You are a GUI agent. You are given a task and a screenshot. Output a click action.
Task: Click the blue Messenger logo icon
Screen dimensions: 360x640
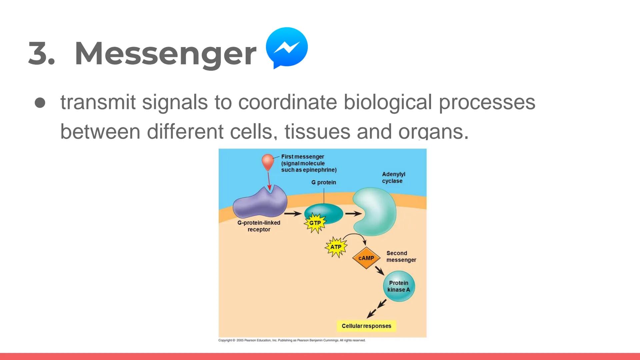click(x=287, y=47)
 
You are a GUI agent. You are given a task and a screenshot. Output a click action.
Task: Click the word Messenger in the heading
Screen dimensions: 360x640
click(x=165, y=53)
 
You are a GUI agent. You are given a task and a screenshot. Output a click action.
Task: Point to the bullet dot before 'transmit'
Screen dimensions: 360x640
click(x=40, y=103)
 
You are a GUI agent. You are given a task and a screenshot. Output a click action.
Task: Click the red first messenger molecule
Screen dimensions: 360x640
click(x=268, y=162)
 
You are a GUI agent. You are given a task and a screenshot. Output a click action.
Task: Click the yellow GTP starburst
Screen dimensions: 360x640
click(x=315, y=223)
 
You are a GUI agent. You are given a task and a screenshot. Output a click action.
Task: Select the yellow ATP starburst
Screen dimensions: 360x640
click(x=336, y=247)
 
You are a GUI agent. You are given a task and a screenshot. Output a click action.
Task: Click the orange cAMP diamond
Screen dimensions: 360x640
click(x=366, y=258)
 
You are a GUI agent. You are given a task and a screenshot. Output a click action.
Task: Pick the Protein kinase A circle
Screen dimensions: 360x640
click(x=399, y=286)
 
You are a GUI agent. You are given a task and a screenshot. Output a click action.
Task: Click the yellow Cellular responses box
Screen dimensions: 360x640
click(x=366, y=326)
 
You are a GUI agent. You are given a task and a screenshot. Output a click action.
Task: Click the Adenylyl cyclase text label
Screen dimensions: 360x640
click(x=393, y=178)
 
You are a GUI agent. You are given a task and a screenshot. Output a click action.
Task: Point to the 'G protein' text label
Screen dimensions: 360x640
click(x=323, y=182)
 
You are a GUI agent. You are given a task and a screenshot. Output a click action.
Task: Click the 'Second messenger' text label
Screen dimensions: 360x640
click(x=401, y=256)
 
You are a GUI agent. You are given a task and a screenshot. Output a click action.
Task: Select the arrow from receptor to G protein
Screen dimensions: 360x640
click(x=293, y=214)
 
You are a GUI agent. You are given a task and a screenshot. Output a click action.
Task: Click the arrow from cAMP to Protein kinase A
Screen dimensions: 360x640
click(x=379, y=270)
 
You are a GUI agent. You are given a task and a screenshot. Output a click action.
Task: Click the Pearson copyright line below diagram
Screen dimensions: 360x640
click(x=292, y=340)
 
